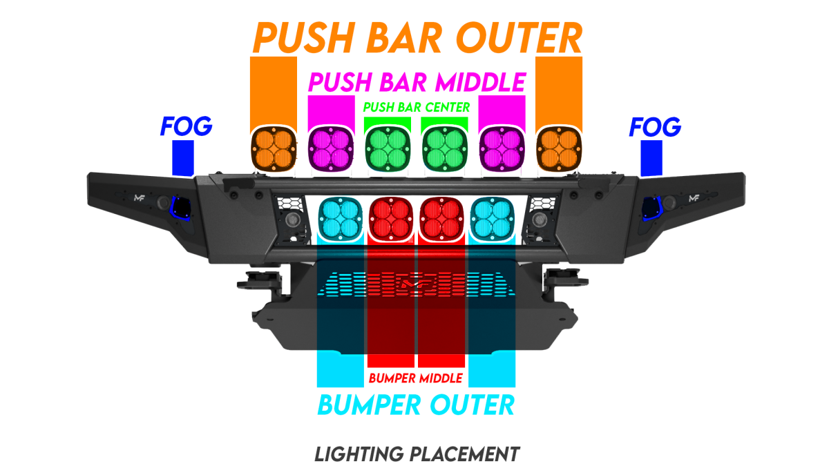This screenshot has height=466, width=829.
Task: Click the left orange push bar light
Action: (x=273, y=148)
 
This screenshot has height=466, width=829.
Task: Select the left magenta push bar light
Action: (x=330, y=148)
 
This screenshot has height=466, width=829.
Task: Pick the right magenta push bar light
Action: (x=502, y=148)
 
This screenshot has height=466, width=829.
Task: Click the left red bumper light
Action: (x=391, y=217)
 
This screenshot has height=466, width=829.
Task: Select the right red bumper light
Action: (x=441, y=217)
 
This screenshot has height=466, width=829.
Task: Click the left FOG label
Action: (x=186, y=126)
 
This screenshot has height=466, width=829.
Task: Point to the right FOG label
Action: (x=655, y=126)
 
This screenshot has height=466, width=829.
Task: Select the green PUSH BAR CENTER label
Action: (x=417, y=108)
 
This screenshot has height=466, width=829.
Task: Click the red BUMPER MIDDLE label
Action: (x=417, y=378)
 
